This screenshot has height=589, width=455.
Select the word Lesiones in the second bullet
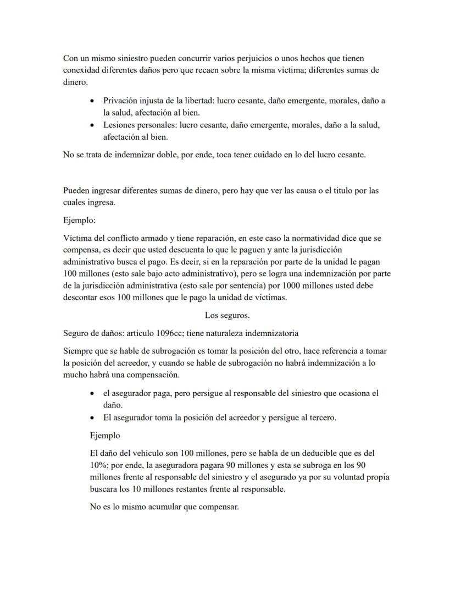coord(119,125)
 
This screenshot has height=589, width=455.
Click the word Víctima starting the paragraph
coord(78,239)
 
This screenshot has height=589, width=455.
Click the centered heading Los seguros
coord(227,315)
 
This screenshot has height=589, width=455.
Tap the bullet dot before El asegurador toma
coord(92,417)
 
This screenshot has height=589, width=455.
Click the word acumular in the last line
coord(162,507)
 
